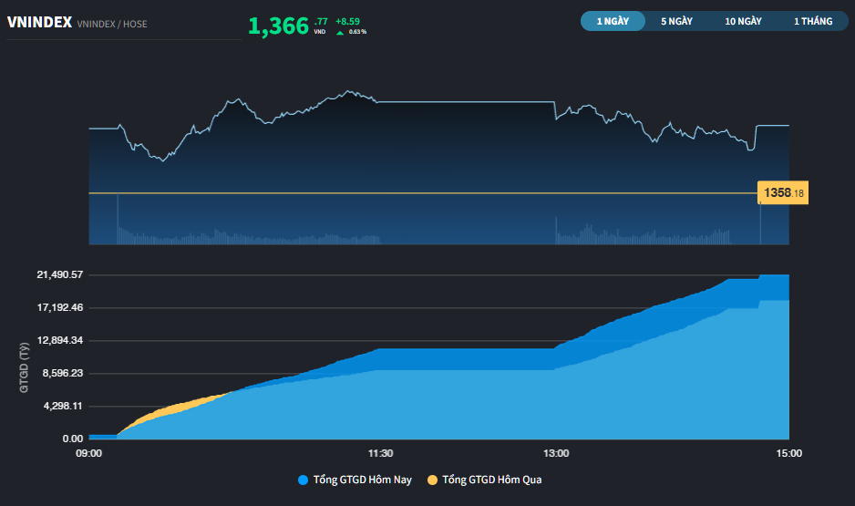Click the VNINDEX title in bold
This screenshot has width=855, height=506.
pos(39,23)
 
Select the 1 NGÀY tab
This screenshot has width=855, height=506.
pos(613,21)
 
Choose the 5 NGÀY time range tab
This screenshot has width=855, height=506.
pos(676,21)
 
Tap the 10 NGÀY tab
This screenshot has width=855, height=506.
pos(744,21)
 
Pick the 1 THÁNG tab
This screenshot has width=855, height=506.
pos(813,21)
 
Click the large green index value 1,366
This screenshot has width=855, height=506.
pos(278,26)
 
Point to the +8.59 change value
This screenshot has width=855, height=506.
pos(348,20)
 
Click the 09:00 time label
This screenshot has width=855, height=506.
pos(88,452)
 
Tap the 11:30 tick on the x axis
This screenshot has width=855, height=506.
pos(380,452)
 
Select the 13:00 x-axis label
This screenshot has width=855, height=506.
pos(555,452)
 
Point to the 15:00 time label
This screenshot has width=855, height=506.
pos(788,452)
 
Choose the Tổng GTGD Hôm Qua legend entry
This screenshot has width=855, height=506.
pos(485,480)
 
